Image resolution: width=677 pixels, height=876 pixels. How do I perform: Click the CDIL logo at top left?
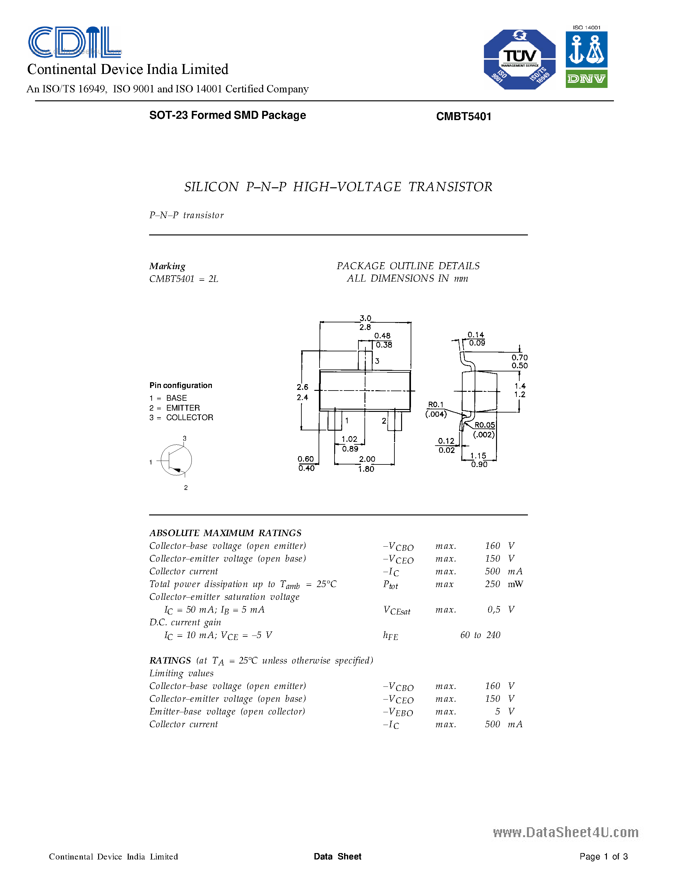[x=75, y=42]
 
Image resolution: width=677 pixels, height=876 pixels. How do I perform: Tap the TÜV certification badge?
[x=519, y=59]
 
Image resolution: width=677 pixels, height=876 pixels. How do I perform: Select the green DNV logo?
[x=586, y=79]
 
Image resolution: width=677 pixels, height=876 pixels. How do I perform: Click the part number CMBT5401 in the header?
[x=464, y=116]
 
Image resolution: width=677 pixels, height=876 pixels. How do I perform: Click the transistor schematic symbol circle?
[x=176, y=460]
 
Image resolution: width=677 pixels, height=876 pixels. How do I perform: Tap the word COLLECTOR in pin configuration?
[x=190, y=418]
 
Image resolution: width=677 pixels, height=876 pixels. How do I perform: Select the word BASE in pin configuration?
[x=176, y=398]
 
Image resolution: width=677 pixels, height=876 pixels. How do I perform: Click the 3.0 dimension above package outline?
[x=365, y=318]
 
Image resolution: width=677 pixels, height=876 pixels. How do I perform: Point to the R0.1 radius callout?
[x=436, y=404]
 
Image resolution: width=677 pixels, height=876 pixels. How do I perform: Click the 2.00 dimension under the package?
[x=367, y=459]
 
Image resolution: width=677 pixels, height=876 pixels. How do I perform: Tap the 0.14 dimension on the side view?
[x=476, y=334]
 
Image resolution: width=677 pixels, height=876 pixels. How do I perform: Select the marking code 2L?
[x=213, y=279]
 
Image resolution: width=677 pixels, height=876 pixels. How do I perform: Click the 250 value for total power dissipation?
[x=492, y=584]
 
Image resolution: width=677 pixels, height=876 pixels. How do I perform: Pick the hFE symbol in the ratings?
[x=390, y=635]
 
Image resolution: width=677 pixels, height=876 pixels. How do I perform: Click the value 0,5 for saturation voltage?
[x=494, y=610]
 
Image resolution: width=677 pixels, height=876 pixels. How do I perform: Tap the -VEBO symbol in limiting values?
[x=398, y=712]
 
